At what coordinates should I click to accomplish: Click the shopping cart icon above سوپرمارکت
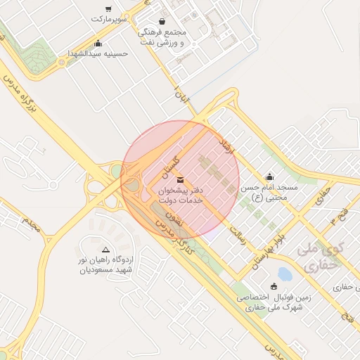coord(108,8)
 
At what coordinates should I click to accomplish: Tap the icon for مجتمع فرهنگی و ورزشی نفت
coord(163,22)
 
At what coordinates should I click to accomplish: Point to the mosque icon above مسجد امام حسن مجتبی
coord(270,176)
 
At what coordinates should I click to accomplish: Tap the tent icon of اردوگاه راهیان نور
coord(106,250)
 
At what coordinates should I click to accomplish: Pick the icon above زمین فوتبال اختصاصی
coord(274,285)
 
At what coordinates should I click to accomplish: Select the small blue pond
coord(285,273)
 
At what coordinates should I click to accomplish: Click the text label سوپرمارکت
coord(108,20)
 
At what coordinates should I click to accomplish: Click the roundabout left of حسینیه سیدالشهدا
coord(61,62)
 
